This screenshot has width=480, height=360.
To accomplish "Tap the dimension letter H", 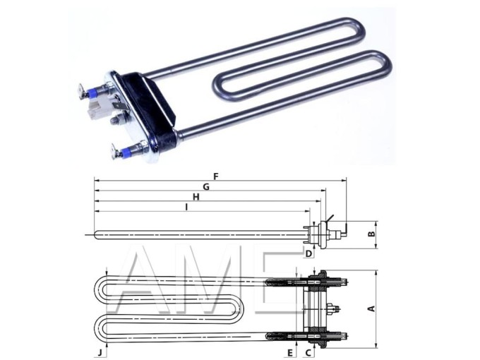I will click(196, 197).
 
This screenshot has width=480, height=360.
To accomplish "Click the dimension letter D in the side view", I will click(308, 253).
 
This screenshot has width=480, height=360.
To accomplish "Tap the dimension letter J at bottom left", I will click(100, 351).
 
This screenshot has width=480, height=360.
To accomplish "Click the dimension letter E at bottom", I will click(289, 351).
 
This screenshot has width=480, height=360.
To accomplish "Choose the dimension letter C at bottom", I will click(308, 351).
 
